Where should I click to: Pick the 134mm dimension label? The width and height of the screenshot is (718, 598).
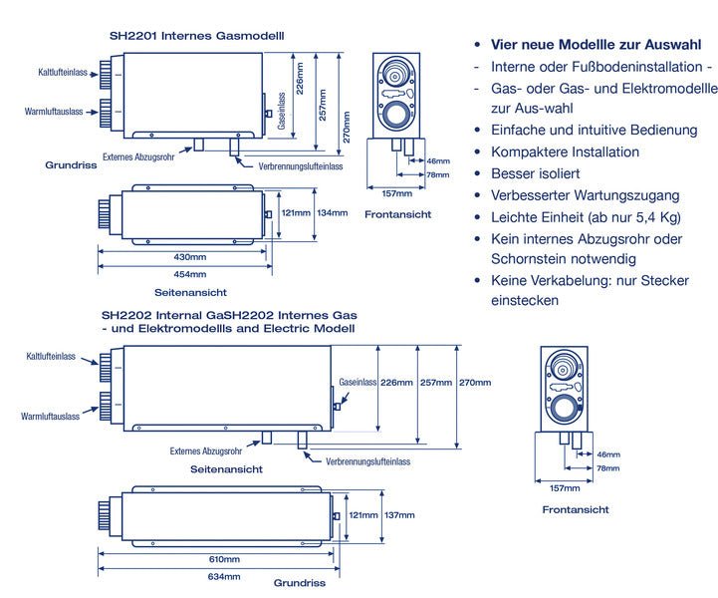[332, 212]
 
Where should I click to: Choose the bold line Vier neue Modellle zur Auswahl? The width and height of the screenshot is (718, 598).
[596, 45]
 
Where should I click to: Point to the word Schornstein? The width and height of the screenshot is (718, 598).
[533, 259]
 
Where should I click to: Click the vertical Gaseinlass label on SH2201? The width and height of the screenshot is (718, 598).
[282, 112]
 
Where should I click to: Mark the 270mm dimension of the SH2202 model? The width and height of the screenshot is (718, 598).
[475, 383]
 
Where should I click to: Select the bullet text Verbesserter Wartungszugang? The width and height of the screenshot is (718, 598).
[585, 195]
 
